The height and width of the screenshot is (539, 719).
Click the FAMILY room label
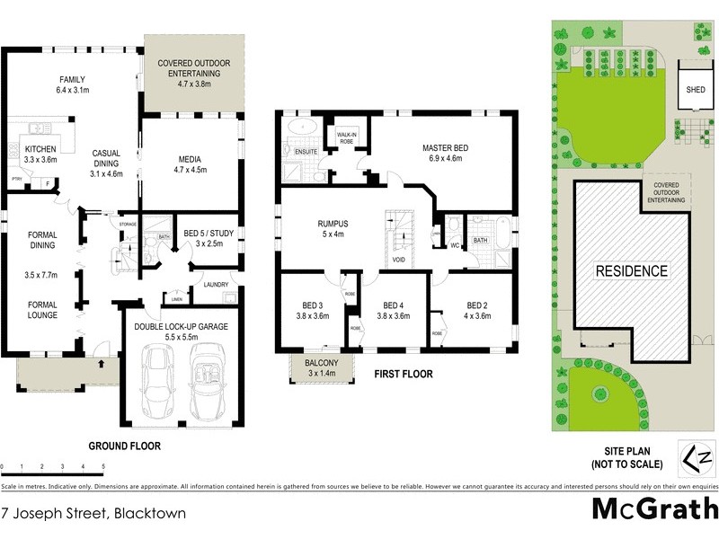coord(72,78)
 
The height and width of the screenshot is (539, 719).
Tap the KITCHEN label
coord(40,148)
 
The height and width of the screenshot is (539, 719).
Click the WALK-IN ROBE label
coord(349,137)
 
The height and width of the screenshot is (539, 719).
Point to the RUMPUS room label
coord(332,224)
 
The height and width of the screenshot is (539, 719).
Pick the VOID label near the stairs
coord(397,261)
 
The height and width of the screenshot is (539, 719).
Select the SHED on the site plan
coord(696,90)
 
